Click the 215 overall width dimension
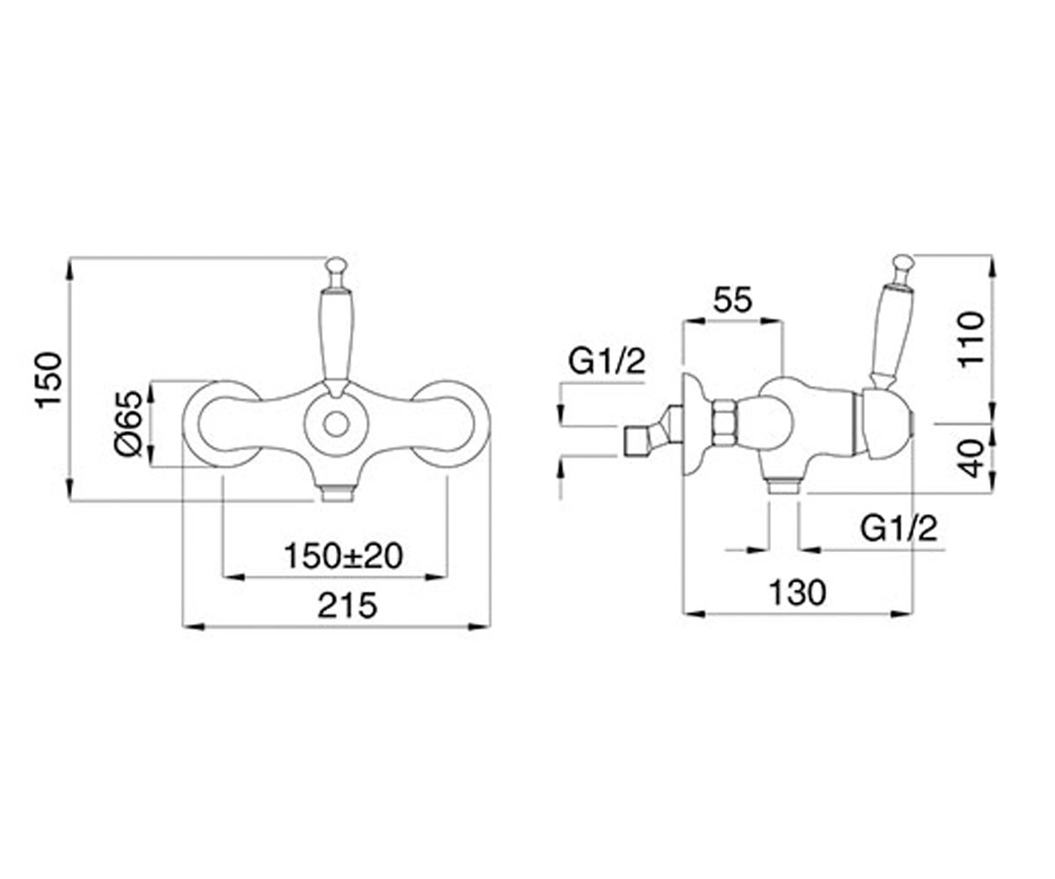tap(347, 606)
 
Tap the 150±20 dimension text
tap(344, 556)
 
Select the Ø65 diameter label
tap(129, 424)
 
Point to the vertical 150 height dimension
tap(49, 380)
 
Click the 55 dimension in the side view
tap(732, 300)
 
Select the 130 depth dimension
tap(797, 592)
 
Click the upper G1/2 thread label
tap(607, 361)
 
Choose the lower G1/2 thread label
tap(899, 529)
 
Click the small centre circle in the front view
tap(336, 425)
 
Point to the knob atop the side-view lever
tap(903, 265)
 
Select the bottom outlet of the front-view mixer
tap(336, 493)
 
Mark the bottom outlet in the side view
tap(782, 487)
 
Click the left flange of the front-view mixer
tap(222, 425)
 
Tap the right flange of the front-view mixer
tap(450, 425)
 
